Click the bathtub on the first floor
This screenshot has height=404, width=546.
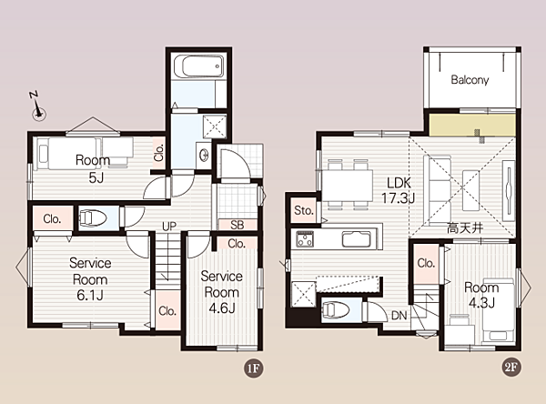(x=198, y=66)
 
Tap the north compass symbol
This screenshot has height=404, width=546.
(x=37, y=106)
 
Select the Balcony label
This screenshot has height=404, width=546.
(x=470, y=80)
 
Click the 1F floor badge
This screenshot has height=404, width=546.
(x=253, y=369)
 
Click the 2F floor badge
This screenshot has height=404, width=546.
(x=511, y=367)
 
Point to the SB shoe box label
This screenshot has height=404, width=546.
(x=238, y=225)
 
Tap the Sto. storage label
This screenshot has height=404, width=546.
(x=304, y=210)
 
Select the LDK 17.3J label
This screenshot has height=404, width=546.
(x=398, y=190)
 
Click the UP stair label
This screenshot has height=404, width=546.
(x=169, y=227)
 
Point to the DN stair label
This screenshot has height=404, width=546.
(x=399, y=316)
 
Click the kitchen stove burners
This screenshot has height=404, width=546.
(x=305, y=239)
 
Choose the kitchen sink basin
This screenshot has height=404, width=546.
(x=356, y=239)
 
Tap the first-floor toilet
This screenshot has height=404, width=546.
(x=93, y=218)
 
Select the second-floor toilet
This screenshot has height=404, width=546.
(x=336, y=309)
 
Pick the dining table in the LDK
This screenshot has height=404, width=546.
(x=348, y=186)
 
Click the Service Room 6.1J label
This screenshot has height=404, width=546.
(x=90, y=279)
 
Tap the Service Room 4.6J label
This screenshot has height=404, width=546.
(x=221, y=292)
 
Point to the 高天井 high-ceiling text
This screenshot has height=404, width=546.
(x=465, y=228)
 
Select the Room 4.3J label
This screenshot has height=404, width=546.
(x=481, y=296)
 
